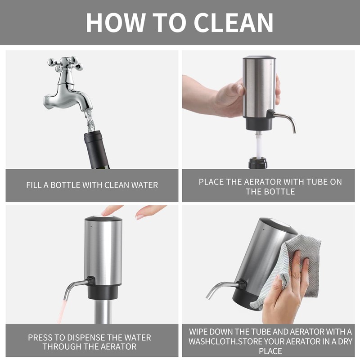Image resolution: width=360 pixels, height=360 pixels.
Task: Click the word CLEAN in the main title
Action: (x=234, y=22)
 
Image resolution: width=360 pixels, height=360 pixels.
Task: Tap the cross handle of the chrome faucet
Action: (x=65, y=63)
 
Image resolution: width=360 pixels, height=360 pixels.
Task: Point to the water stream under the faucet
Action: (x=90, y=121)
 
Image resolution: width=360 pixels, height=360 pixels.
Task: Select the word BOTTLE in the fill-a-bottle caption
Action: (x=65, y=185)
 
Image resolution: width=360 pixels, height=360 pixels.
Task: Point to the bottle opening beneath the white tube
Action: (x=258, y=162)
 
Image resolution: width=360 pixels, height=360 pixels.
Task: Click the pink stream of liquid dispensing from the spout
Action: (x=62, y=310)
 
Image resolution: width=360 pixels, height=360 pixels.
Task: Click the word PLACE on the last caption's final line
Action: (x=270, y=351)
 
